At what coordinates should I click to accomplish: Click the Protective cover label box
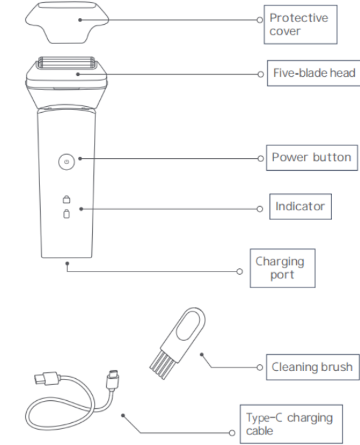301,25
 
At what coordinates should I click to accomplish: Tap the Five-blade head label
314,73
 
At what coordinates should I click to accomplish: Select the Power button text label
312,157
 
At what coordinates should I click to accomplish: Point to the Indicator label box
301,207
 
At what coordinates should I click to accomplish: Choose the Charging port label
283,268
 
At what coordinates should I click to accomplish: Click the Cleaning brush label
313,367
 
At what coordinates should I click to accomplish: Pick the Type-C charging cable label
291,424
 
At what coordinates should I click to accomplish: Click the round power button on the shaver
67,162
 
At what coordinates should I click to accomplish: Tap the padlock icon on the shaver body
67,199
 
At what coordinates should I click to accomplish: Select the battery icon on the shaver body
67,213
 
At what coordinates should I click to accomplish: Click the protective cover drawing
67,23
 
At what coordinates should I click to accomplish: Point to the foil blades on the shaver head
67,63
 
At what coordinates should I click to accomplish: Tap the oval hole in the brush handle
189,325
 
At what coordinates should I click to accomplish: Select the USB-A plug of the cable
47,378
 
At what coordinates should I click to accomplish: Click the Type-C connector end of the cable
113,379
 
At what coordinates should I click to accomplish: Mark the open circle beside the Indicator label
259,209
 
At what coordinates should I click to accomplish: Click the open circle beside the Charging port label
239,272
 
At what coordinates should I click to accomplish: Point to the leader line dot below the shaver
67,264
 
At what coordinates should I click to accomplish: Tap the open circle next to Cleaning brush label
259,368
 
